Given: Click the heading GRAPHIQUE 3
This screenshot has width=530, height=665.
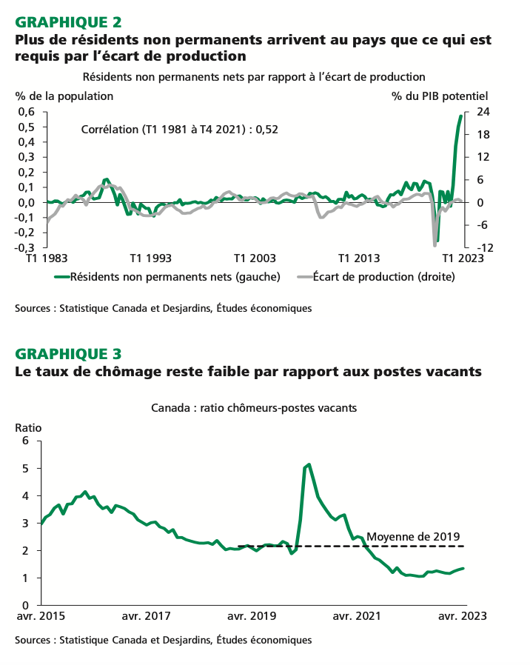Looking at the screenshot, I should tap(69, 353).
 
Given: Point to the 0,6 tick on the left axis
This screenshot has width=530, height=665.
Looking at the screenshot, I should tap(26, 112).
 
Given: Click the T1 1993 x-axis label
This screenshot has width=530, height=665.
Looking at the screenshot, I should tap(150, 258).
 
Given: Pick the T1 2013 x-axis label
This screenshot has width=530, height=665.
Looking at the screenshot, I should tap(359, 258).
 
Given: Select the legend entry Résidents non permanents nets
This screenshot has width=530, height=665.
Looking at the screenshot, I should tap(175, 277).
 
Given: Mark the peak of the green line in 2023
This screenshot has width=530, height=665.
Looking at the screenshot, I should tap(460, 116).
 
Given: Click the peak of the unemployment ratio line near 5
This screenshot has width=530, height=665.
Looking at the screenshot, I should tap(309, 464).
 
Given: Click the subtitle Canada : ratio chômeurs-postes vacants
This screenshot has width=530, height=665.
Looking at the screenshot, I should tap(254, 408).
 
